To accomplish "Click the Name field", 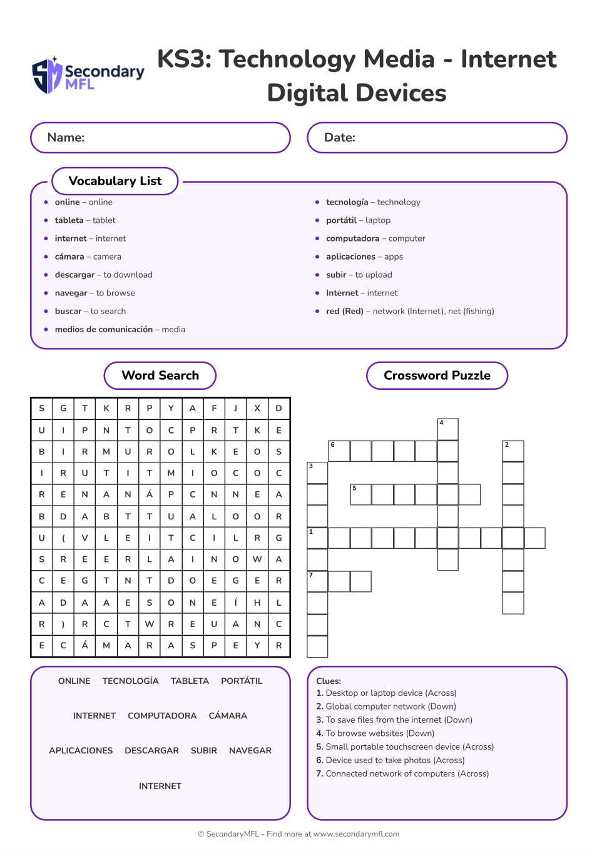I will (x=160, y=138).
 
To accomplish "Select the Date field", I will (x=437, y=138).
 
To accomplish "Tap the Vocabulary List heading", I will (x=115, y=181).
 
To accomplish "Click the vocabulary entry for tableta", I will (x=85, y=220).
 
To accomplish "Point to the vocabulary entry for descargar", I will (x=103, y=275).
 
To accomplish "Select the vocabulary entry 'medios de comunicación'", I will (x=120, y=329).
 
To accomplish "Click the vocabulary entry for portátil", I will (x=358, y=220).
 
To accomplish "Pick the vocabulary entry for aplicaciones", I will (x=364, y=257).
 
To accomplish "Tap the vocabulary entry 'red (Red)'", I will (x=410, y=311).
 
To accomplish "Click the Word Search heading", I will (x=160, y=375).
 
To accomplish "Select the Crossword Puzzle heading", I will (x=437, y=375).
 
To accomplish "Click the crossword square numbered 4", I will (x=447, y=429).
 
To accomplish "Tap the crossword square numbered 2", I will (x=513, y=451).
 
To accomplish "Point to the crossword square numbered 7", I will (x=317, y=581).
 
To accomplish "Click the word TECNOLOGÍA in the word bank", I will (x=130, y=681).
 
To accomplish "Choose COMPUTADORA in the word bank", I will (x=162, y=716).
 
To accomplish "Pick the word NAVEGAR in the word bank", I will (x=250, y=750).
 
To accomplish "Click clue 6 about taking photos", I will (x=390, y=760).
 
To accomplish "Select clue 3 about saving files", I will (x=394, y=720).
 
